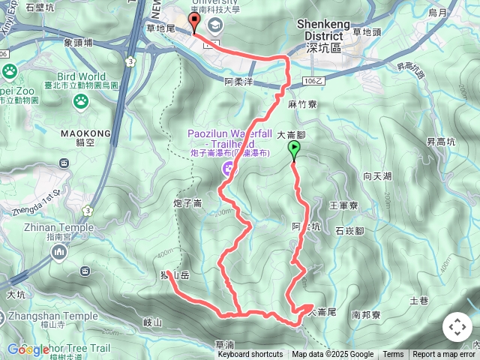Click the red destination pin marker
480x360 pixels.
point(195,22)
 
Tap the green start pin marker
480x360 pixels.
point(294,151)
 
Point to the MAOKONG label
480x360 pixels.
point(85,134)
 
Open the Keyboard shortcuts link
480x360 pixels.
point(250,355)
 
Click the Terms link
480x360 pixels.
point(393,355)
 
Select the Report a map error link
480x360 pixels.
point(445,355)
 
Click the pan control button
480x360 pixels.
point(457,327)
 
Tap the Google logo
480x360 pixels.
point(28,349)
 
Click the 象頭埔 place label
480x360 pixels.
point(77,43)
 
